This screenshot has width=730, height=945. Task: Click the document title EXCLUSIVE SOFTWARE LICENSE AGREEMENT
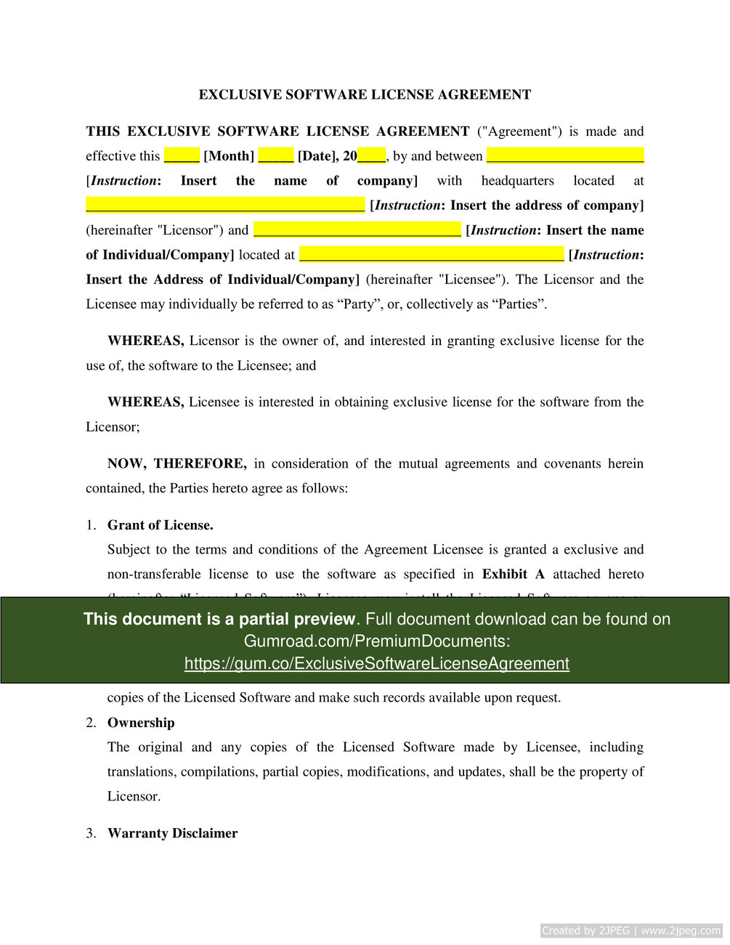365,94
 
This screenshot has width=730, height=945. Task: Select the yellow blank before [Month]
182,156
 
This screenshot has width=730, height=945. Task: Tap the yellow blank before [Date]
276,156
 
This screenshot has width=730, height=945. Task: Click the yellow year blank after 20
372,156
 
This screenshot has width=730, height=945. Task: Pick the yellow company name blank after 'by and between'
565,156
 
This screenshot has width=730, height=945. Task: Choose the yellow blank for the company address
225,206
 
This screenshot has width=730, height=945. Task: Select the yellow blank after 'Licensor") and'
357,230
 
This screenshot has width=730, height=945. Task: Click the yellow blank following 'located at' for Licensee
431,255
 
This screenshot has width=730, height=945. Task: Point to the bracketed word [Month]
229,156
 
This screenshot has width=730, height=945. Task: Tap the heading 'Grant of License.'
161,525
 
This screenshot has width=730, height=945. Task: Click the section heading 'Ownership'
141,723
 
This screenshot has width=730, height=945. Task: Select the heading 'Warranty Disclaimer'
173,833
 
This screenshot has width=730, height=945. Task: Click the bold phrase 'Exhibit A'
514,575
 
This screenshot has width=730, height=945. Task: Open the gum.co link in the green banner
376,664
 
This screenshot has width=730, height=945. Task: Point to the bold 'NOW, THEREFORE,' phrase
177,463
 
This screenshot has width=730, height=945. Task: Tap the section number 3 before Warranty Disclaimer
91,833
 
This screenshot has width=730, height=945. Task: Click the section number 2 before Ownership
91,723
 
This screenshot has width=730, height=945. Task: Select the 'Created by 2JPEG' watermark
631,930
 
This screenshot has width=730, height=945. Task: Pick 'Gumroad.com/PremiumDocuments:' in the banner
376,641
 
